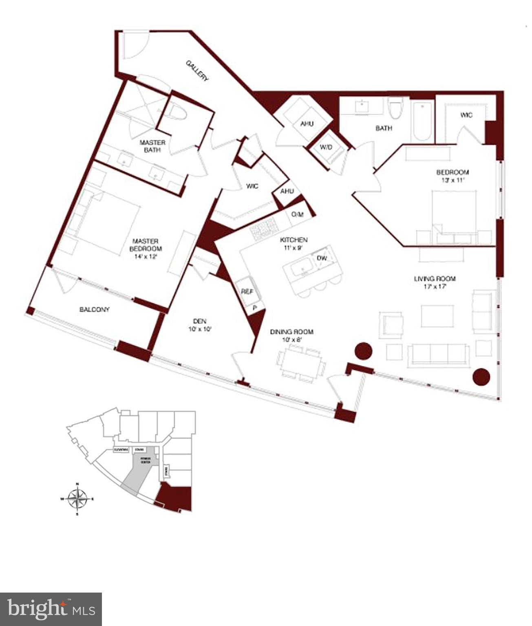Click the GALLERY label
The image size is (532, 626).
(197, 71)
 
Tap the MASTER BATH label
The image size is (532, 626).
(152, 146)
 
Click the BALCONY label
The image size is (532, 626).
(95, 309)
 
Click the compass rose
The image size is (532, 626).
(77, 498)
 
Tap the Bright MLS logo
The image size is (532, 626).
(51, 609)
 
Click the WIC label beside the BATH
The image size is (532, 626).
(466, 115)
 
